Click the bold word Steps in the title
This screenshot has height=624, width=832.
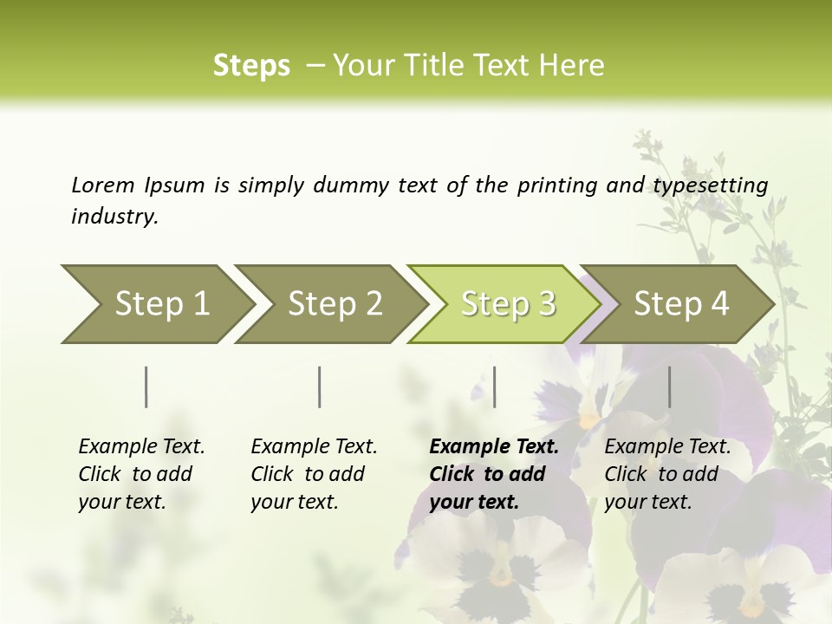point(251,66)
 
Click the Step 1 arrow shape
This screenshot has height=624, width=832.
point(156,304)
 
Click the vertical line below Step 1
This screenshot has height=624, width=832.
point(146,387)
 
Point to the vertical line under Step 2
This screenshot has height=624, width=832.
point(320,387)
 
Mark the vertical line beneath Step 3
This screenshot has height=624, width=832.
point(494,387)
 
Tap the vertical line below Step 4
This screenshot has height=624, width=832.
point(669,387)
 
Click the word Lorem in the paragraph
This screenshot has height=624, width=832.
point(103,185)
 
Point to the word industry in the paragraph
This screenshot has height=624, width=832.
point(114,217)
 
